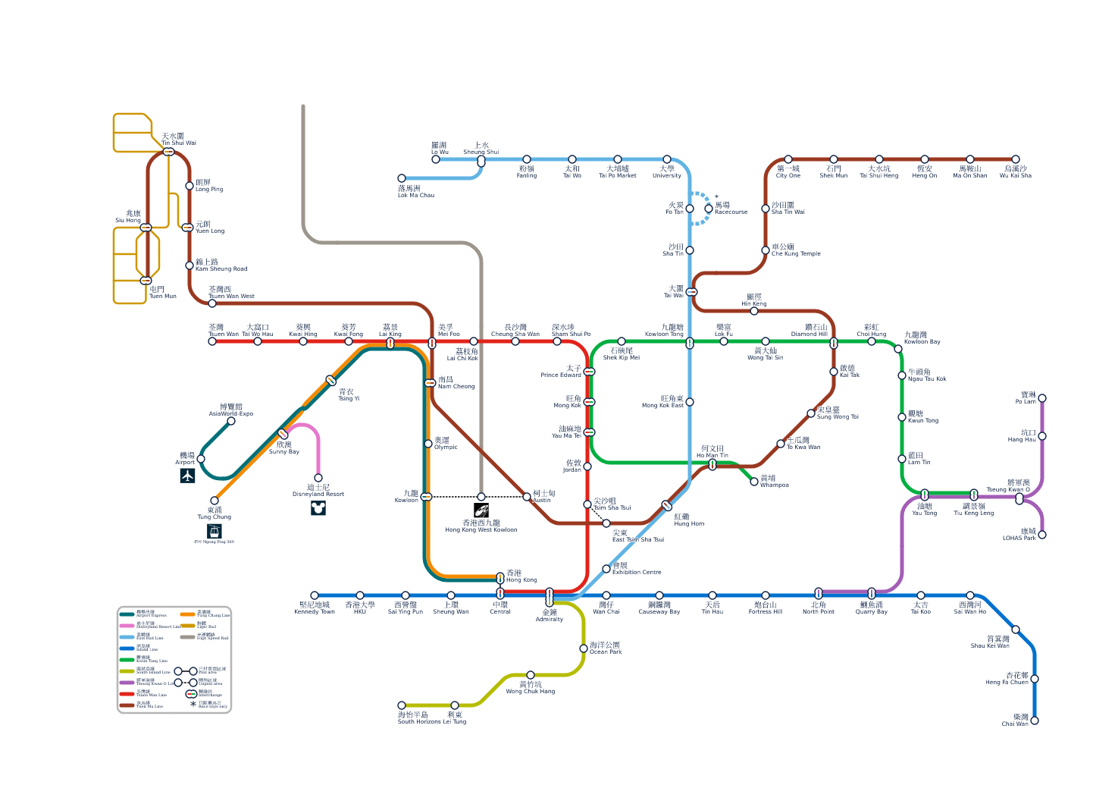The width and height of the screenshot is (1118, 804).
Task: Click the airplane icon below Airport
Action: click(x=188, y=476)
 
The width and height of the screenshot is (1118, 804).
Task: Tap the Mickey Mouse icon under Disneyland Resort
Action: click(x=318, y=508)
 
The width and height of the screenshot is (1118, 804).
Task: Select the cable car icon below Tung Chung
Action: click(x=215, y=531)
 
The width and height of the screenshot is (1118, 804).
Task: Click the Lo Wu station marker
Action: click(x=436, y=159)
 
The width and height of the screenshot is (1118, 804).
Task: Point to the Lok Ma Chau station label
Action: click(x=416, y=191)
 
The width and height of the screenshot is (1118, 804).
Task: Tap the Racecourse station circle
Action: click(x=709, y=209)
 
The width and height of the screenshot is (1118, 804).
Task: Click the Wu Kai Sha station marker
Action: click(x=1016, y=159)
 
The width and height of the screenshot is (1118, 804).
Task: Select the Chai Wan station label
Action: click(x=1015, y=720)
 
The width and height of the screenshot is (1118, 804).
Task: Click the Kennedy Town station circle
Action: click(x=315, y=595)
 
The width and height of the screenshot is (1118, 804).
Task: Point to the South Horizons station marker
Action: click(x=402, y=705)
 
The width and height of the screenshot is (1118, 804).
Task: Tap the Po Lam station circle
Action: click(x=1042, y=398)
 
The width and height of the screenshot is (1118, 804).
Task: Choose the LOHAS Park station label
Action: click(x=1019, y=535)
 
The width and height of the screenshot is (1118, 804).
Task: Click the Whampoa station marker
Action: click(x=754, y=482)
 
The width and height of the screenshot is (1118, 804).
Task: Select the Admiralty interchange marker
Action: click(x=550, y=597)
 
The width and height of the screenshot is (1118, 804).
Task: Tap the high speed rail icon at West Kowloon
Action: click(x=481, y=510)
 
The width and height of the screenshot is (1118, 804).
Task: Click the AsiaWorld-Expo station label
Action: click(x=231, y=410)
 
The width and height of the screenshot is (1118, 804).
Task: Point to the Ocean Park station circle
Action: click(x=584, y=649)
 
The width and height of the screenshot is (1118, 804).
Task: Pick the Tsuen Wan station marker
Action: click(x=212, y=341)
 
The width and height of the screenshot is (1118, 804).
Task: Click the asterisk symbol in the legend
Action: click(x=193, y=704)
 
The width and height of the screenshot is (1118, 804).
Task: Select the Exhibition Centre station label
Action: click(x=637, y=569)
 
